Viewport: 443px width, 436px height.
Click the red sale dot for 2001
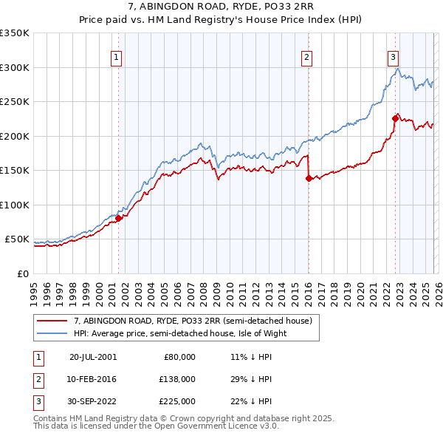point(118,218)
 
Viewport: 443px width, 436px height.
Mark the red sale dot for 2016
point(308,178)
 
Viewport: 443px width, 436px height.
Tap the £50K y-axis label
point(18,239)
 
